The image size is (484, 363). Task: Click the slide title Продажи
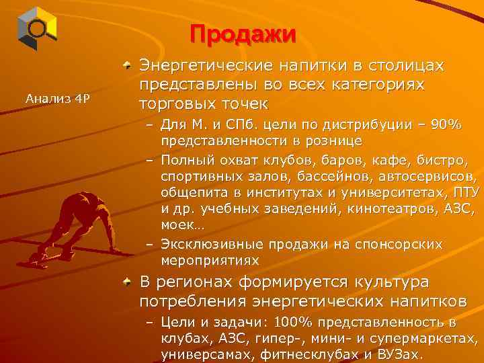click(x=242, y=34)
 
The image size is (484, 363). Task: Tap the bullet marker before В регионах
click(x=128, y=282)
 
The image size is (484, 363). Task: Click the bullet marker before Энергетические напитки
click(x=128, y=67)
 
